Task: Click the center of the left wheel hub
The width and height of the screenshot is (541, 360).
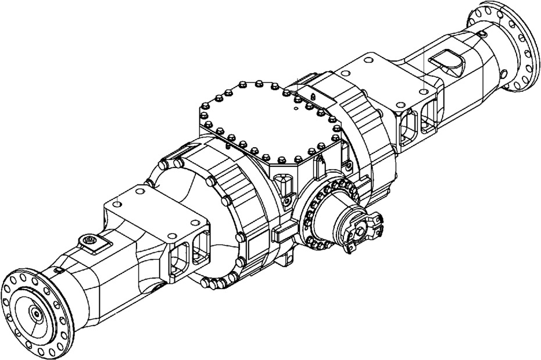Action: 36,314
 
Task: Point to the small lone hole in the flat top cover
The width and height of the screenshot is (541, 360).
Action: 296,107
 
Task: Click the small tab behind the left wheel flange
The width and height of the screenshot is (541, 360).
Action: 58,271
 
